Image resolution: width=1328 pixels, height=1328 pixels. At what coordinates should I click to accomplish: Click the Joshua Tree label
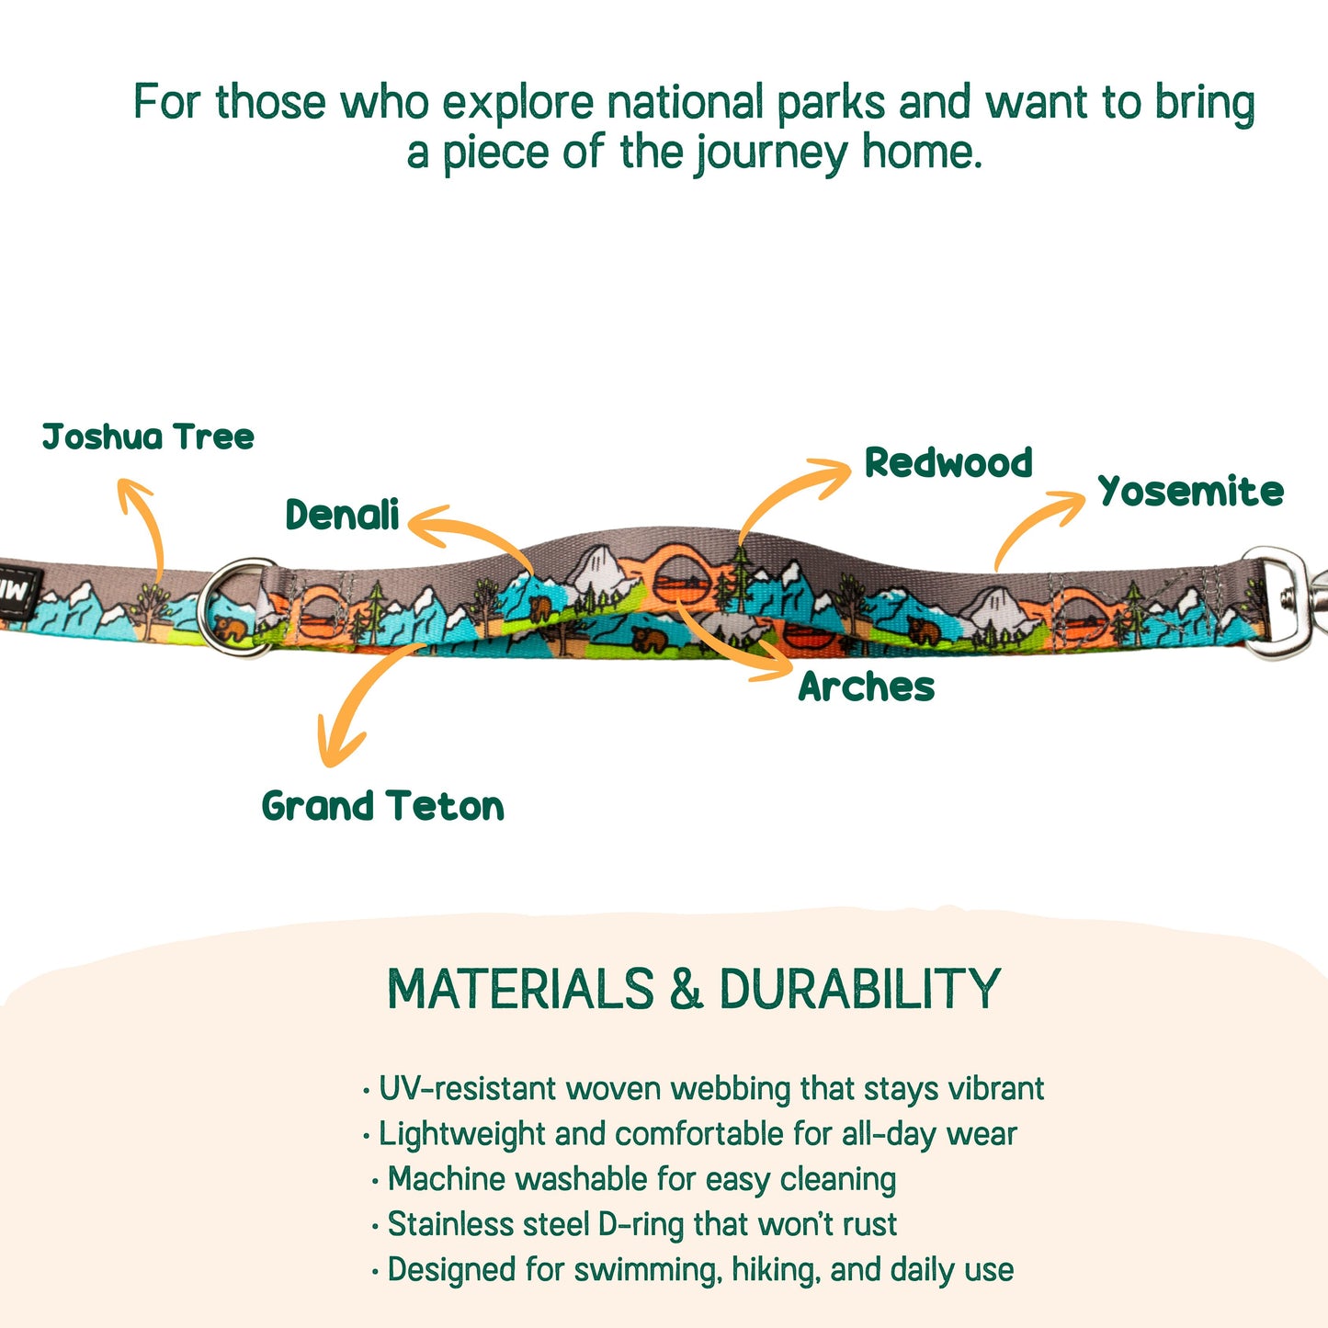coord(148,437)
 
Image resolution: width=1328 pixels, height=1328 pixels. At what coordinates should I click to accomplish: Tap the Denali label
coord(343,514)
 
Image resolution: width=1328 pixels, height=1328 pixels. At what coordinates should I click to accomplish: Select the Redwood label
coord(948,461)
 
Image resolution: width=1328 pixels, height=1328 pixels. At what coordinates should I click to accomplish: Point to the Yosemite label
coord(1191,492)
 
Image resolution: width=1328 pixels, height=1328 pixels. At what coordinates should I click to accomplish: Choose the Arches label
coord(867,687)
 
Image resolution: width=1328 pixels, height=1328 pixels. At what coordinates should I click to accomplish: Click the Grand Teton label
coord(382,806)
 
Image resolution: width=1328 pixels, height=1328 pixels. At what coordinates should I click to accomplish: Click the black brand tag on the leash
coord(19,591)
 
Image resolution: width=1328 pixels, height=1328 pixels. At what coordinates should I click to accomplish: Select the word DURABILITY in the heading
coord(859,988)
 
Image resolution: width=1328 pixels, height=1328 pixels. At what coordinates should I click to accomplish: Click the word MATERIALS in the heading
coord(520,988)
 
